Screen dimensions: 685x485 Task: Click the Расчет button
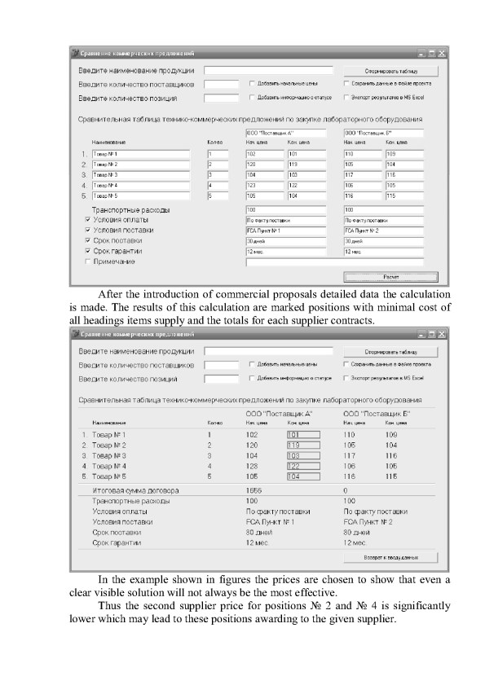[x=391, y=277]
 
